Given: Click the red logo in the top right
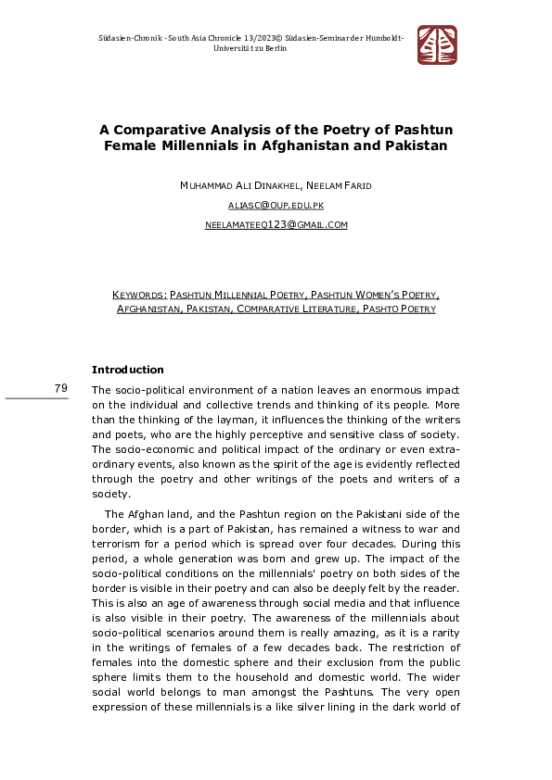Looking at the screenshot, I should [x=437, y=44].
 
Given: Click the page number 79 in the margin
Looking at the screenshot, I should [x=60, y=388].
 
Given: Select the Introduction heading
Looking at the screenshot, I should [x=127, y=370].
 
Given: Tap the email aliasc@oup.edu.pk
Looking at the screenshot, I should [x=276, y=205].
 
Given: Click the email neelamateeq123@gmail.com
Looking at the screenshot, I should [x=276, y=225].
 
